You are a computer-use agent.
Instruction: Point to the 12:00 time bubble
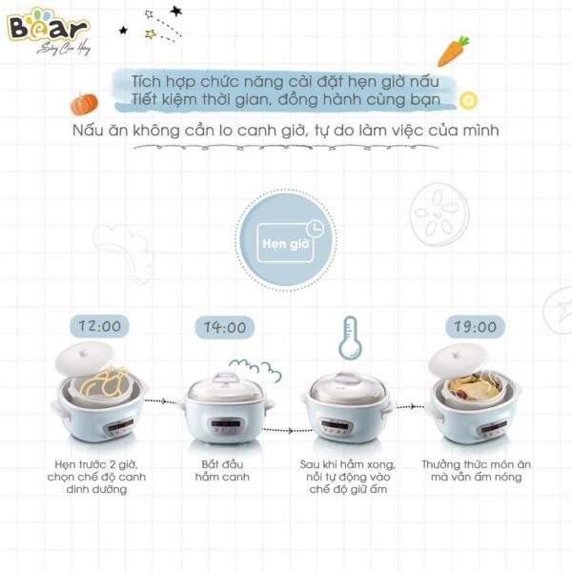(96, 326)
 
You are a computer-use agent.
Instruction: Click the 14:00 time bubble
(223, 327)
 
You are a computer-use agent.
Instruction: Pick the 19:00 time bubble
(472, 327)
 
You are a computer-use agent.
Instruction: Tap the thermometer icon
(346, 338)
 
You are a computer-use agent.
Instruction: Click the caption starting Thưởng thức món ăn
(471, 470)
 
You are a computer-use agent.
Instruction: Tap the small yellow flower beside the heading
(467, 99)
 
